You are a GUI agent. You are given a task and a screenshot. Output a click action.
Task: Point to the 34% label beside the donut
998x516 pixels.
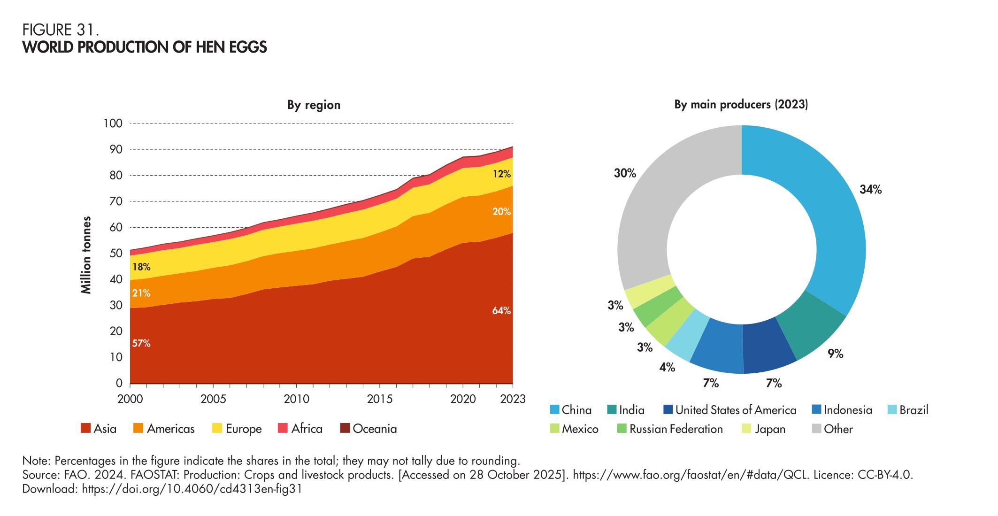870,190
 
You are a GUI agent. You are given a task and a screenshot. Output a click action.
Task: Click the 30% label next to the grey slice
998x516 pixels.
625,174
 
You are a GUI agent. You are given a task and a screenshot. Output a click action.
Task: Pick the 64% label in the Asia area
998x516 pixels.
501,311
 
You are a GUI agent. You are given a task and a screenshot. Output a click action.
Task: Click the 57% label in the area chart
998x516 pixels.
141,344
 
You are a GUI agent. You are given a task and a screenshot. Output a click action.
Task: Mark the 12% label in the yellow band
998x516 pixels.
501,174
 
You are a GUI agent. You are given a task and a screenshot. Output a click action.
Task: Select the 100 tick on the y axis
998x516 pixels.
113,123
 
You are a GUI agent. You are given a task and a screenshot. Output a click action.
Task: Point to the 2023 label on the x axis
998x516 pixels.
513,400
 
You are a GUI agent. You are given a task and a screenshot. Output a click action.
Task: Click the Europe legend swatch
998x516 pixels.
217,428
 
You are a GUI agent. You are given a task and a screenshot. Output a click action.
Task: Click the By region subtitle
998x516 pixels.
314,105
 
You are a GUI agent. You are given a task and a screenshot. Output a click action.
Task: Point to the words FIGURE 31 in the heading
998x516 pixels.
61,30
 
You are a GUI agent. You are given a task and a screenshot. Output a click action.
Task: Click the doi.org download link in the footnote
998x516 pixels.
192,489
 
